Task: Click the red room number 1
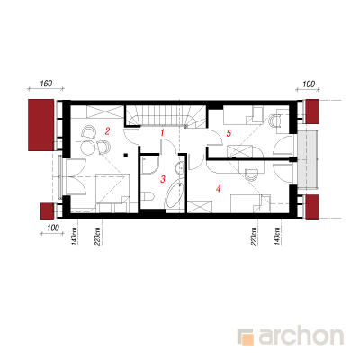pyautogui.click(x=162, y=132)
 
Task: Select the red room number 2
pyautogui.click(x=107, y=131)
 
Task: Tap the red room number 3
pyautogui.click(x=163, y=179)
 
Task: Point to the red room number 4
pyautogui.click(x=219, y=189)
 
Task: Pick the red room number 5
pyautogui.click(x=229, y=133)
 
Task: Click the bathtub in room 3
pyautogui.click(x=175, y=195)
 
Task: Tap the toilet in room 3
pyautogui.click(x=148, y=196)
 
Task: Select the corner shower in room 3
pyautogui.click(x=150, y=165)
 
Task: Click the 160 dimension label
pyautogui.click(x=46, y=84)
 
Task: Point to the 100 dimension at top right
pyautogui.click(x=308, y=84)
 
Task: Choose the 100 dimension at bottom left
pyautogui.click(x=53, y=228)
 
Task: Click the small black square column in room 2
pyautogui.click(x=126, y=155)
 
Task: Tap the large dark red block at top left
pyautogui.click(x=40, y=125)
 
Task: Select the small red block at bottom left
pyautogui.click(x=47, y=211)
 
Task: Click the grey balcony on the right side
pyautogui.click(x=308, y=160)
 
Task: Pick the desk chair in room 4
pyautogui.click(x=251, y=175)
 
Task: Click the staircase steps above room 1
pyautogui.click(x=165, y=115)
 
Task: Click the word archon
pyautogui.click(x=301, y=337)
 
